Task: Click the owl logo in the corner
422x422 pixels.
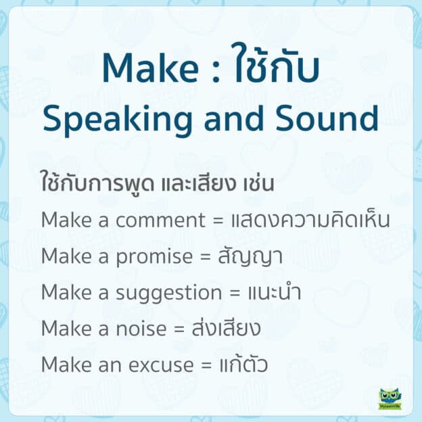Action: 390,398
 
